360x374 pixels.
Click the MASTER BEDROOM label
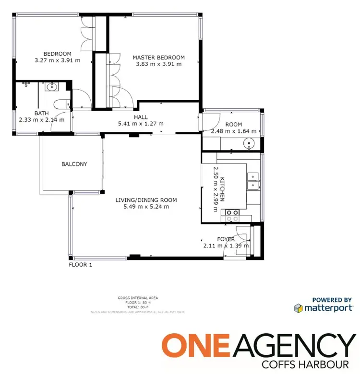[x=158, y=58]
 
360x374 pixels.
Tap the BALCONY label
[x=74, y=164]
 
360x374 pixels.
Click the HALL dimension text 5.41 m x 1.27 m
[x=141, y=123]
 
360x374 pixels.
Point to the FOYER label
[x=226, y=239]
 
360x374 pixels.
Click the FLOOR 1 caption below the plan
[x=80, y=264]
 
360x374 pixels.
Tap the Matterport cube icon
[x=299, y=308]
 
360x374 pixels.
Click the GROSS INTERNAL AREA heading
[x=138, y=298]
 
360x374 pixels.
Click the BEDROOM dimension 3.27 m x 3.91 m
[x=57, y=60]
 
